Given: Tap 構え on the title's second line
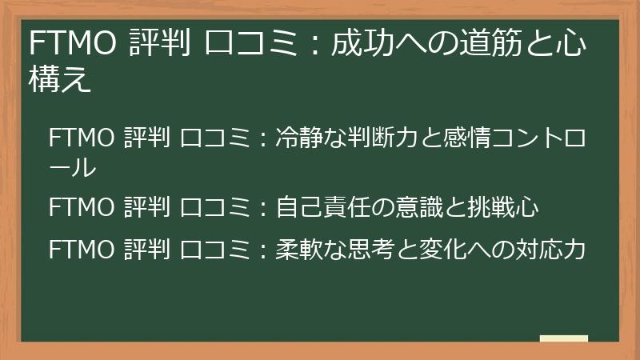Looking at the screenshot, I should click(x=60, y=80).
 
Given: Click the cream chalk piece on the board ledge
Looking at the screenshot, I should click(x=563, y=338).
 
